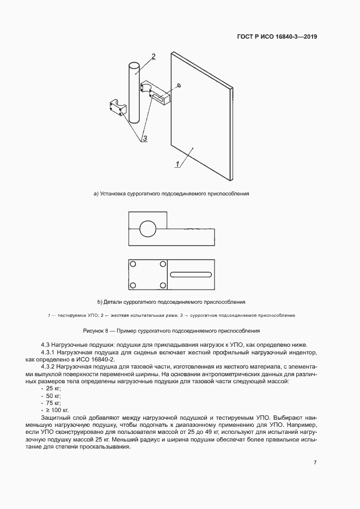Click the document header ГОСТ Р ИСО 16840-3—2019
[277, 38]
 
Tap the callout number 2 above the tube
[154, 57]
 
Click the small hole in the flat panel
[180, 85]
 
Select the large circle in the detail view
[148, 229]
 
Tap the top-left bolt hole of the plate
[133, 264]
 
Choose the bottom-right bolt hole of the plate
[162, 285]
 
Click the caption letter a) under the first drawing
[96, 194]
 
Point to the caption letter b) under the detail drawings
[100, 302]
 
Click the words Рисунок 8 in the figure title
[95, 330]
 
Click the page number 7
[315, 462]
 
